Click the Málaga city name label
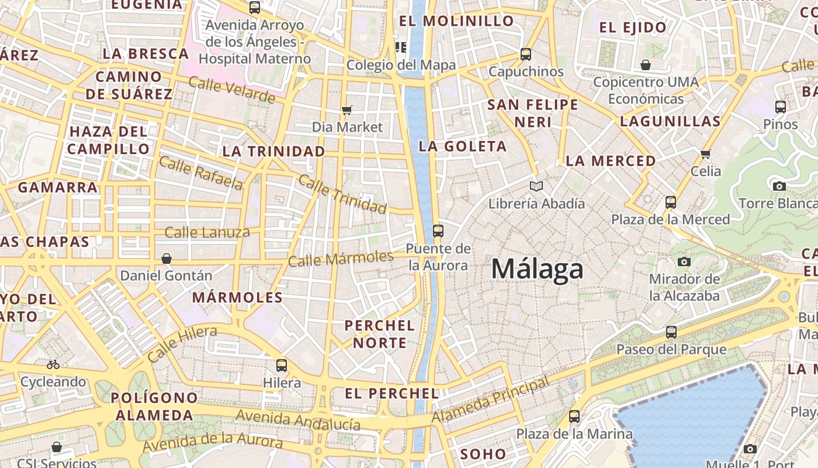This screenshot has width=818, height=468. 537,269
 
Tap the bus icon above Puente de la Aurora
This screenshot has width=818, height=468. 438,231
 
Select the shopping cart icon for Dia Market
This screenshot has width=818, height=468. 347,110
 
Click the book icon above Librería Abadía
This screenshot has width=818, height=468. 536,187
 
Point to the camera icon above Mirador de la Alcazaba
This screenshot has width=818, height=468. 684,261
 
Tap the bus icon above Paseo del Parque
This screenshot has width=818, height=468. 671,332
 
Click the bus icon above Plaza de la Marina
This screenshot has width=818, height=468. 574,417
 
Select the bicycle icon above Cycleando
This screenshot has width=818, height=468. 53,364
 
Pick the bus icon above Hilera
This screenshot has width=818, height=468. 282,366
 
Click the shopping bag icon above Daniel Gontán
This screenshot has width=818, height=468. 167,258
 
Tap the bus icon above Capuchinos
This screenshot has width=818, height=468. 526,54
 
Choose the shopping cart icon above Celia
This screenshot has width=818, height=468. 705,154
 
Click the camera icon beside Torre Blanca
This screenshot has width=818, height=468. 779,186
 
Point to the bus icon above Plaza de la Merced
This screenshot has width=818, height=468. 671,202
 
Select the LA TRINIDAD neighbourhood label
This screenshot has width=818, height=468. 273,151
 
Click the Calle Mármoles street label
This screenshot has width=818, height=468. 341,258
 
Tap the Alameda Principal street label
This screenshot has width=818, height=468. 490,401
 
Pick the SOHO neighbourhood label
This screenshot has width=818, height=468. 483,454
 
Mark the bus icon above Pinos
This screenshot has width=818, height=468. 781,107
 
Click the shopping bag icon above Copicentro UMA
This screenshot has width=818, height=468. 646,64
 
